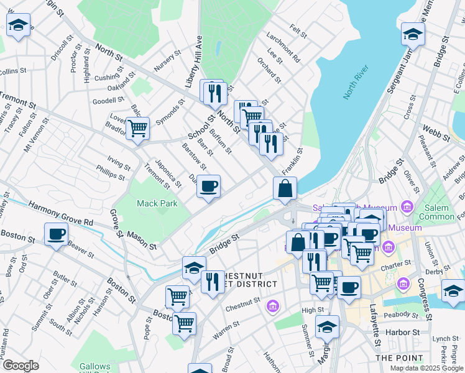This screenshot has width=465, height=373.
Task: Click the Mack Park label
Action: coord(157,203)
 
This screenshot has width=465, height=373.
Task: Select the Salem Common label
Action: coord(436,211)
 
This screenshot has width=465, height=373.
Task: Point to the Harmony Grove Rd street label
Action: coord(60,214)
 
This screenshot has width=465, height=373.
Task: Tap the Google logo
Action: coord(20,366)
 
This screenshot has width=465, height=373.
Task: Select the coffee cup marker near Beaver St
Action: coord(57,234)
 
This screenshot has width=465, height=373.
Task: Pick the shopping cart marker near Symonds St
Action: coord(137,129)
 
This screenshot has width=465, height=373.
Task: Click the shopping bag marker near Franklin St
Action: coord(285,188)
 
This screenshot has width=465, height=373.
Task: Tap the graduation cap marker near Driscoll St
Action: coord(19,26)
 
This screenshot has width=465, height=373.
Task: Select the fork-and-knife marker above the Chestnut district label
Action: coord(213,282)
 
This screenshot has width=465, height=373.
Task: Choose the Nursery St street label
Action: coord(168,58)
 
